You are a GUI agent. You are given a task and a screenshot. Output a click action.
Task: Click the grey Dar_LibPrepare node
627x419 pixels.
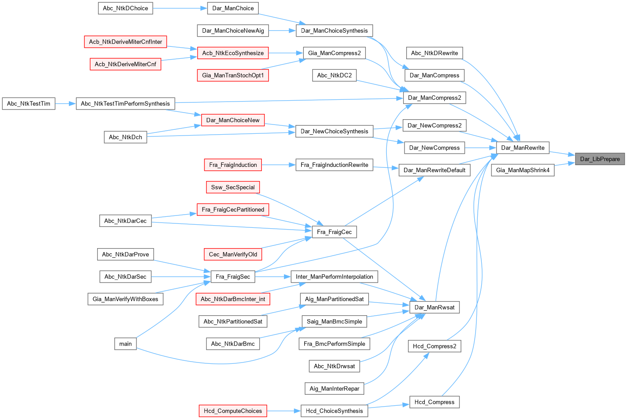tap(600, 159)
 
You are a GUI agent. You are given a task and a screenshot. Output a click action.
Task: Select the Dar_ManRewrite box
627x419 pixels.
tap(522, 147)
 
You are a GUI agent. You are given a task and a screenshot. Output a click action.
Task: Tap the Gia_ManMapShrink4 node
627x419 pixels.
tap(522, 170)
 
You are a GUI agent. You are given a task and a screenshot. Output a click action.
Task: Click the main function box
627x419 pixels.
tap(125, 344)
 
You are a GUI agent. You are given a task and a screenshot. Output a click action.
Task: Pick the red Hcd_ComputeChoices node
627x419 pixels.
tap(233, 411)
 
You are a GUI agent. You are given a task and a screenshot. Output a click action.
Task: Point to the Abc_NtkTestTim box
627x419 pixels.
tap(29, 104)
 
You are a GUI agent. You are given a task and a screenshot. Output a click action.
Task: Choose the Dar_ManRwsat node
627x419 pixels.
tap(434, 307)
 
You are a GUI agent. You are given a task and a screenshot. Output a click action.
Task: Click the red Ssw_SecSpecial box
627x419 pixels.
tap(233, 187)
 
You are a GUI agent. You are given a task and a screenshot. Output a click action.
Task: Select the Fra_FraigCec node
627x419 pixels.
tap(334, 232)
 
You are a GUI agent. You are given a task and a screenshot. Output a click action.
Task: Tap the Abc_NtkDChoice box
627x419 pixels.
tap(125, 8)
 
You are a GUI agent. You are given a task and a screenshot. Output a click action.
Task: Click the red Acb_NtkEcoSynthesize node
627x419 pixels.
tap(233, 53)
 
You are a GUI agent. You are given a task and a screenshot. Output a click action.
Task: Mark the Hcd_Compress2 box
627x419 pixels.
tap(434, 346)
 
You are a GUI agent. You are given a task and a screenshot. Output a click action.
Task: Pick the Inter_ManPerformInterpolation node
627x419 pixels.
tap(334, 277)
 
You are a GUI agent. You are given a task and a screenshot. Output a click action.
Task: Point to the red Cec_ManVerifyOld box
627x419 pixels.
tap(233, 254)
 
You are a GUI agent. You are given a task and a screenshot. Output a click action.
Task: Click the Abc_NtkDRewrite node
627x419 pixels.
tap(434, 53)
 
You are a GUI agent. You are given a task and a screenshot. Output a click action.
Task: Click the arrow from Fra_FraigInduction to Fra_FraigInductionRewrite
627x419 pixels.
tap(279, 165)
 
